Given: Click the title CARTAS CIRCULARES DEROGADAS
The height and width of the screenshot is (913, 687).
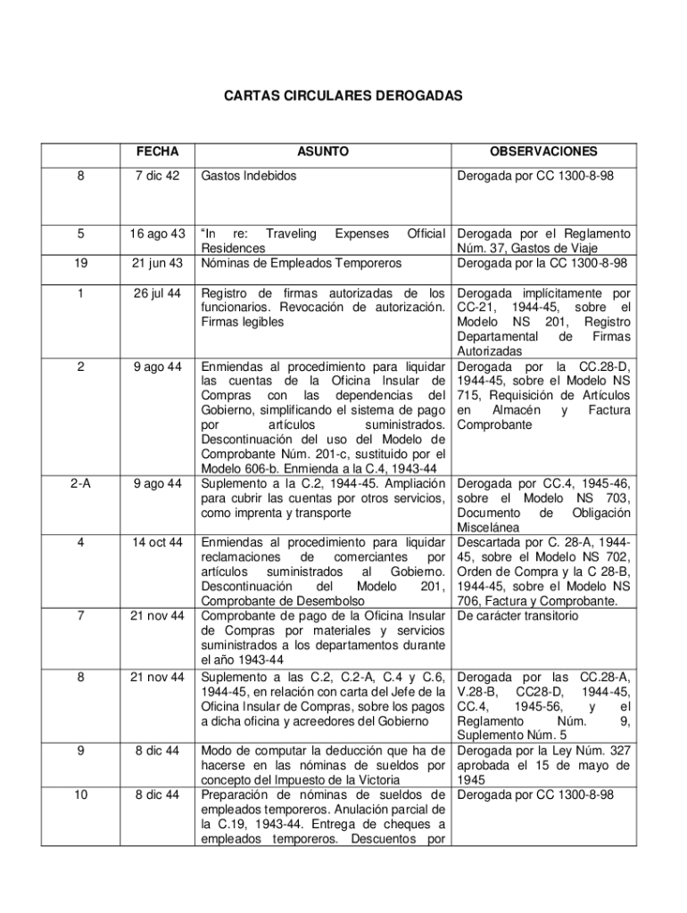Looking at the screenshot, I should [343, 95].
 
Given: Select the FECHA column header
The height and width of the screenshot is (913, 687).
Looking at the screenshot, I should [157, 152].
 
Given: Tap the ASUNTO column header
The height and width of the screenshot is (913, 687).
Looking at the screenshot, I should [323, 152].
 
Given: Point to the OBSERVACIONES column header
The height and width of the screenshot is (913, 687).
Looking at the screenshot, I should [543, 152].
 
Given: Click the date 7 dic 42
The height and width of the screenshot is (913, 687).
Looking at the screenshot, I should [157, 177].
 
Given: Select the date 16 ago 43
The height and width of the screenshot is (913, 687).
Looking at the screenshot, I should [157, 234].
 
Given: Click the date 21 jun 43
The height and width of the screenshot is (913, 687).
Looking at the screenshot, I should [157, 262].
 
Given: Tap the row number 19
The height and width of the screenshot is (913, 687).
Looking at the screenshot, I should [81, 262].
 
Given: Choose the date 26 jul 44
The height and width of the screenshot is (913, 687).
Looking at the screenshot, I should [157, 292].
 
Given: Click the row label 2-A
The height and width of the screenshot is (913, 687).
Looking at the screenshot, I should [81, 483].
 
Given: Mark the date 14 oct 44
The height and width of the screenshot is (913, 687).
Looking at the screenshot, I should [157, 541].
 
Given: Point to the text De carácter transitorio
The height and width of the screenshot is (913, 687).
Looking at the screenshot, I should [518, 615].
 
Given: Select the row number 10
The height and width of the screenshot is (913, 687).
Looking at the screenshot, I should [81, 794].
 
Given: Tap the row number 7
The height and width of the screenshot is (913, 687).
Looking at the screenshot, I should [81, 615].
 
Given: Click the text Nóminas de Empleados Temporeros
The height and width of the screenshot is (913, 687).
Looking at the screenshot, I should [301, 262].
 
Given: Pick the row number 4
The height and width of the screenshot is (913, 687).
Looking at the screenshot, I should [81, 541].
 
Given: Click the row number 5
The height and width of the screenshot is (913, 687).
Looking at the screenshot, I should [81, 234].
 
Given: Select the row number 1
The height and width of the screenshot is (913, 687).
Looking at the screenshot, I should [81, 292].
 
